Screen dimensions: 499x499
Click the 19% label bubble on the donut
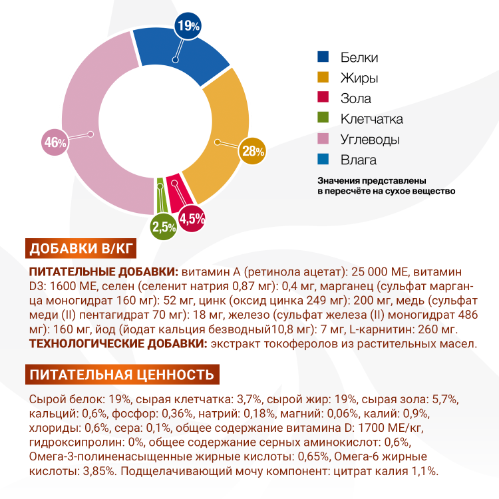[x=188, y=26]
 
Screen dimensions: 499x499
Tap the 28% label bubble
[x=253, y=151]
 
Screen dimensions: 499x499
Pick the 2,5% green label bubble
[x=164, y=227]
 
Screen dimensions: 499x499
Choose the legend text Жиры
[x=359, y=78]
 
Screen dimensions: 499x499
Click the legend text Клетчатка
[x=371, y=119]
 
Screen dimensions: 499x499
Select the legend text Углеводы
[x=370, y=140]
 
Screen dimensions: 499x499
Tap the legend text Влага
[x=359, y=160]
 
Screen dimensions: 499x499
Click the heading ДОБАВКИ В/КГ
[x=81, y=249]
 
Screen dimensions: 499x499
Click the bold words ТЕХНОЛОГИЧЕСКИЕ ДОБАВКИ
[x=118, y=343]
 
